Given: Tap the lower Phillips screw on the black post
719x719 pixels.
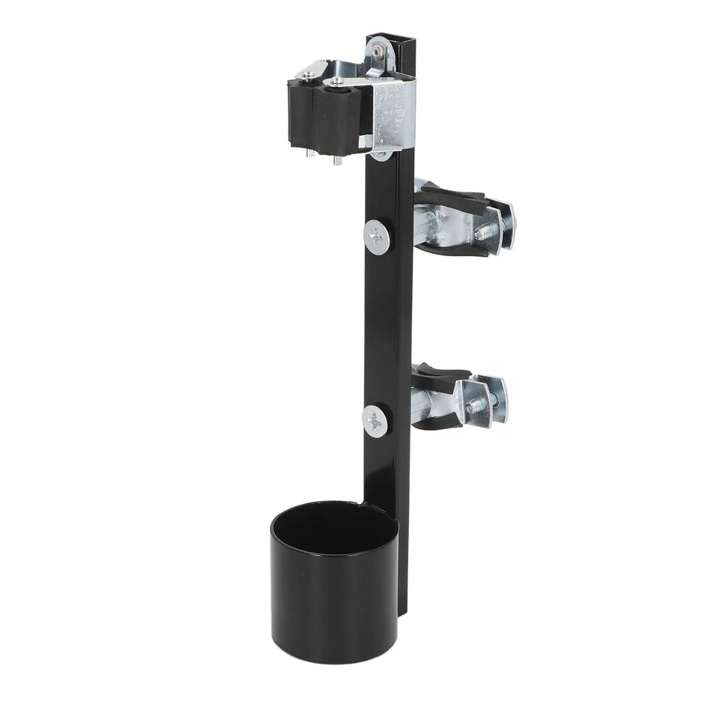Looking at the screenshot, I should pyautogui.click(x=374, y=422).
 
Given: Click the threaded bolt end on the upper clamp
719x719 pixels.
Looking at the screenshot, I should pyautogui.click(x=482, y=231).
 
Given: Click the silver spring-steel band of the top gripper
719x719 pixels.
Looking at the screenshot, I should pyautogui.click(x=391, y=112).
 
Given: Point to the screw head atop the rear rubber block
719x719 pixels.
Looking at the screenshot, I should pyautogui.click(x=308, y=74).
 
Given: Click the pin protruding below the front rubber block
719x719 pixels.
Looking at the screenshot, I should pyautogui.click(x=337, y=160).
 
